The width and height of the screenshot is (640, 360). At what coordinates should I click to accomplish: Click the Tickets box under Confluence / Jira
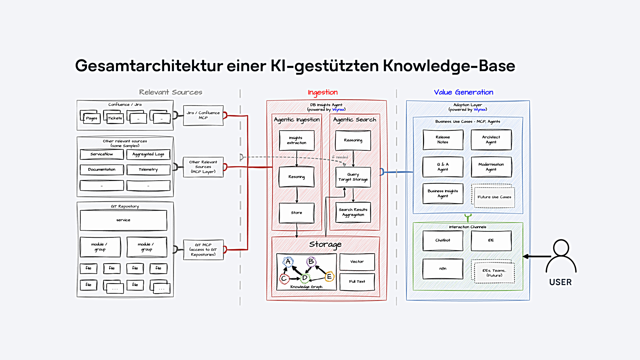(x=115, y=118)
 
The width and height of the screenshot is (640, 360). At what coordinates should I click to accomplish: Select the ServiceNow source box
(x=102, y=154)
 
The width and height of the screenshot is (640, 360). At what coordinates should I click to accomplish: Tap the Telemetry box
(x=148, y=169)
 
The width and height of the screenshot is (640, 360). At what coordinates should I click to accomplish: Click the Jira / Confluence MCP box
(x=203, y=115)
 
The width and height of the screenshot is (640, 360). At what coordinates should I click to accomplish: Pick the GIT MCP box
(x=203, y=250)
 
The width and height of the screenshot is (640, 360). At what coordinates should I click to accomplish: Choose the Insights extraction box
(x=297, y=140)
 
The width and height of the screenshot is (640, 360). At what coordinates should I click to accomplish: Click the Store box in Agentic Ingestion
(x=297, y=213)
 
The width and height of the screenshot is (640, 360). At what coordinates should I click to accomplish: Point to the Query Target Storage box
(x=353, y=177)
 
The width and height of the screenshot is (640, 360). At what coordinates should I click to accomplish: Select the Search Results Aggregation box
(x=353, y=212)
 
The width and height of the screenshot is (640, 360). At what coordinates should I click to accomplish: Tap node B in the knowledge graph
(x=311, y=262)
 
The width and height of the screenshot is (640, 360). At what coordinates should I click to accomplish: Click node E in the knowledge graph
(x=329, y=276)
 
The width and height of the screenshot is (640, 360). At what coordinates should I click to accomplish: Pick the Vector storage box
(x=357, y=262)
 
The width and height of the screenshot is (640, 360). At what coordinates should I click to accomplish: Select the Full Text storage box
(x=357, y=282)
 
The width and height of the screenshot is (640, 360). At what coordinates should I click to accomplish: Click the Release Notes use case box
(x=443, y=140)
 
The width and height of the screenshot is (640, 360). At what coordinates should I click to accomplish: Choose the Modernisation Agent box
(x=491, y=167)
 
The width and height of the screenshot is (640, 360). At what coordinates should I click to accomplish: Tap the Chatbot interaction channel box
(x=443, y=240)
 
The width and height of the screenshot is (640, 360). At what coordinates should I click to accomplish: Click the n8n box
(x=443, y=269)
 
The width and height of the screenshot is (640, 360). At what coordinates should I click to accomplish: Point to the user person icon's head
(x=561, y=248)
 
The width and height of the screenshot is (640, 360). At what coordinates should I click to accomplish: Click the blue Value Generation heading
(x=463, y=92)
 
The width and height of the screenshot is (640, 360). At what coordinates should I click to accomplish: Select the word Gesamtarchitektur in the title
(x=149, y=66)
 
